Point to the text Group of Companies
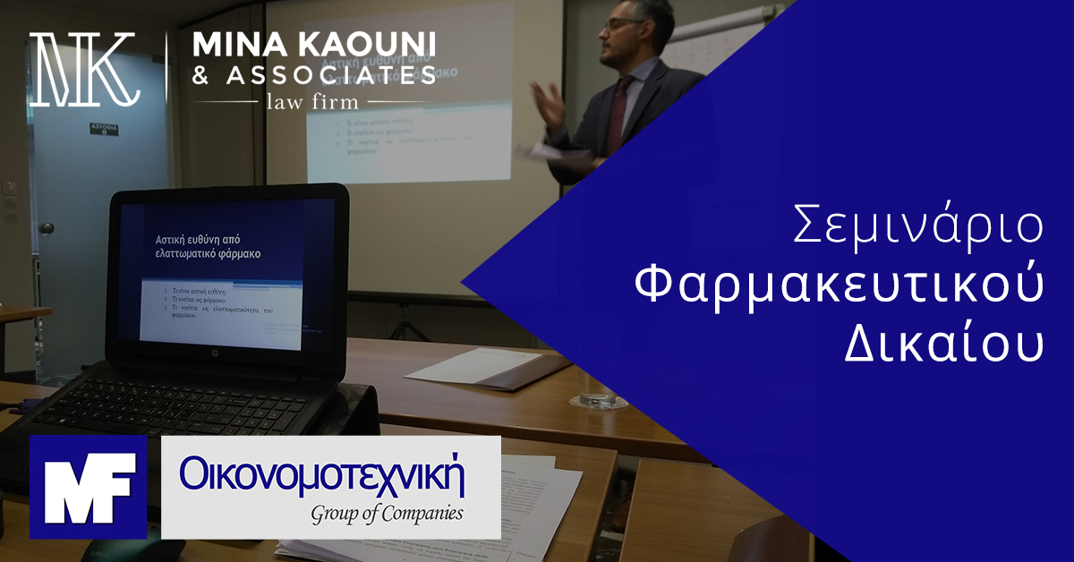click(387, 514)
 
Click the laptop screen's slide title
click(211, 247)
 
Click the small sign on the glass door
click(103, 131)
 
